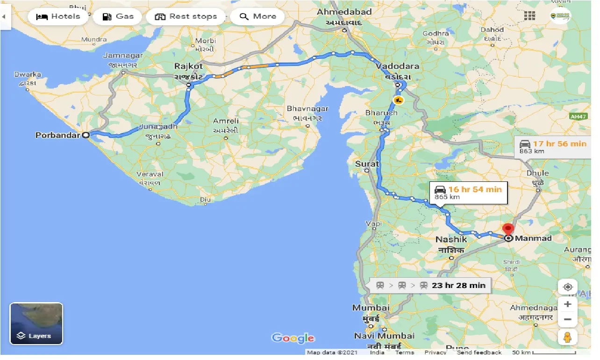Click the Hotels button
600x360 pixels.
58,17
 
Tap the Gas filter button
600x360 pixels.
118,17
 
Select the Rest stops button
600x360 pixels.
186,17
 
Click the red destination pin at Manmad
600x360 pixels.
508,230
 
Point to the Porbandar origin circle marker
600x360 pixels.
86,136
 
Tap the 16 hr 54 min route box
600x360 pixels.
468,192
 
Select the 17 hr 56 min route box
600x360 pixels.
552,147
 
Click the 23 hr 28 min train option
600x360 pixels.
430,285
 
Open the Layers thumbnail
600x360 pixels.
36,323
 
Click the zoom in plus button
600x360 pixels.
568,304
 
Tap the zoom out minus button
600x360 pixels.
568,320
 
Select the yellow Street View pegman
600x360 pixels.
568,338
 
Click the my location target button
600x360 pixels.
568,287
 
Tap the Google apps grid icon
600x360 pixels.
529,16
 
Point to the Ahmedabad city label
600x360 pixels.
344,12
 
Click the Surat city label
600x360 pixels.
367,164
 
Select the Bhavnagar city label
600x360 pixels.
307,109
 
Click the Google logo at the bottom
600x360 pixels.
293,338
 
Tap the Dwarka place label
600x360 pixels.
28,74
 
